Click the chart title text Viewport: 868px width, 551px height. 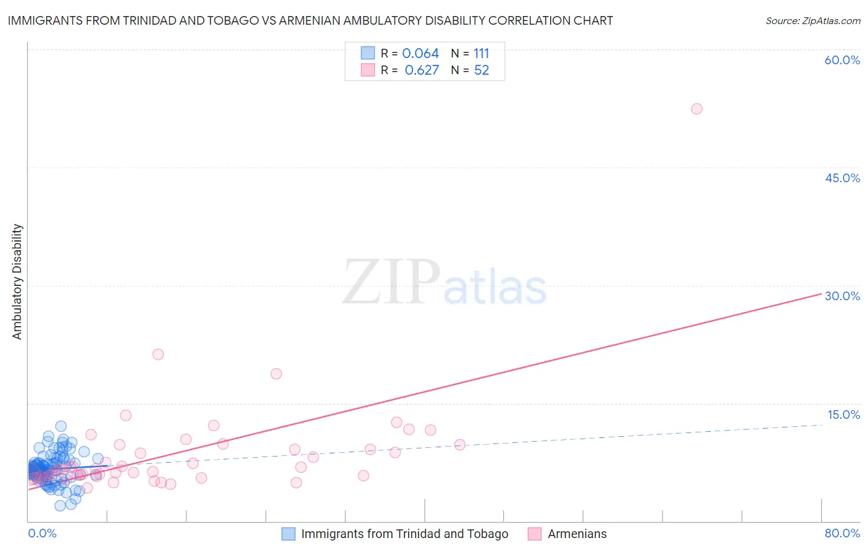311,20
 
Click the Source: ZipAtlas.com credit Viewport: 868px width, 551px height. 812,20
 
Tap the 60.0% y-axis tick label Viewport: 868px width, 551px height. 842,60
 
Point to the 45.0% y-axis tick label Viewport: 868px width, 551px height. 842,178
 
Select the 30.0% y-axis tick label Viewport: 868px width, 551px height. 842,296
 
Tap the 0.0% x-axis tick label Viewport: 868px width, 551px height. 42,533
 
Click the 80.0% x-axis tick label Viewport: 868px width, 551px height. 842,533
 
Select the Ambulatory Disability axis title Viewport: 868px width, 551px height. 17,282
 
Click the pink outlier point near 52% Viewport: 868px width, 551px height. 696,109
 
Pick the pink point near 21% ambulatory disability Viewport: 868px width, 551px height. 158,355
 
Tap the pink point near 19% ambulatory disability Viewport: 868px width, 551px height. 276,374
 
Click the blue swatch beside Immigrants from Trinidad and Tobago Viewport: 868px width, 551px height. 288,534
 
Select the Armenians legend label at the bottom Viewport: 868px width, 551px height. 577,534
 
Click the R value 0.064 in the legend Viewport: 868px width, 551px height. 420,54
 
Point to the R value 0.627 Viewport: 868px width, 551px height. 422,70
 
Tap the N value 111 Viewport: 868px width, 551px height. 482,54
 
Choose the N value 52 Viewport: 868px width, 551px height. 482,70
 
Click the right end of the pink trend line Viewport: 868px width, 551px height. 821,294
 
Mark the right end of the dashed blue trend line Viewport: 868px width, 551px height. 821,425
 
